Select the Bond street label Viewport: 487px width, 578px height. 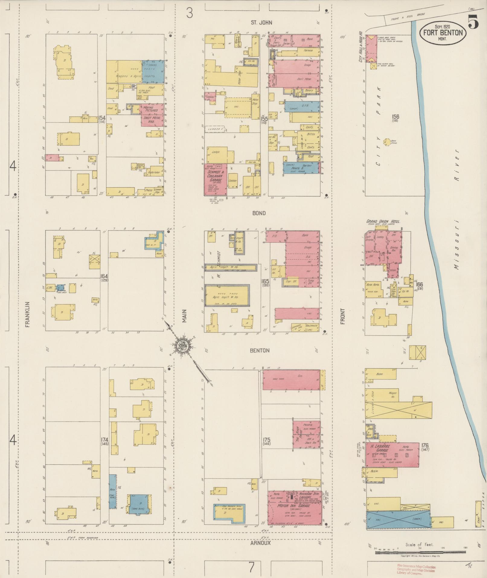(x=259, y=213)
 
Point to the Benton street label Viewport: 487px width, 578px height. (x=259, y=350)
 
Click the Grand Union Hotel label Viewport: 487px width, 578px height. (x=383, y=221)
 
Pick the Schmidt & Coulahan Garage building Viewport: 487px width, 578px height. (x=215, y=179)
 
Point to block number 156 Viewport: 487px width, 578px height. (x=395, y=117)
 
